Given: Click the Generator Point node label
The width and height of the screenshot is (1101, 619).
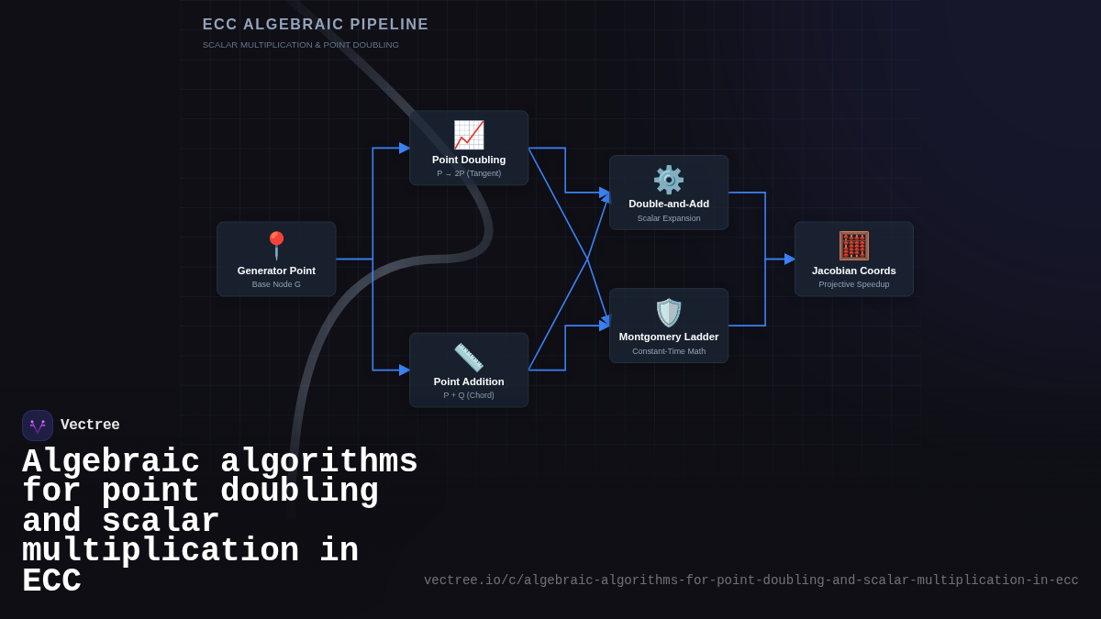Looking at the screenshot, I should tap(276, 271).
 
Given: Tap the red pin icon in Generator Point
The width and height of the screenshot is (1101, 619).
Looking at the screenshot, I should tap(276, 245).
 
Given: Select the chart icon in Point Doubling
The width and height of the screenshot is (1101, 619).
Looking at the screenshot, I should tap(469, 135).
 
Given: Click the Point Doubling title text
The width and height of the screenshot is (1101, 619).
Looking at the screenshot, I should tap(469, 160).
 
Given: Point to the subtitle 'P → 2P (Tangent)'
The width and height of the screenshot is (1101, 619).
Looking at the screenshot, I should tap(469, 173).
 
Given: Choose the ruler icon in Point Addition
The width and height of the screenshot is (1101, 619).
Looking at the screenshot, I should tap(469, 358).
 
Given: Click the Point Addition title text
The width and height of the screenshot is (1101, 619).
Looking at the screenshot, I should tap(469, 381).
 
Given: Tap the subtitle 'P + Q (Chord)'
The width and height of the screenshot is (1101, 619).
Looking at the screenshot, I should tap(469, 395).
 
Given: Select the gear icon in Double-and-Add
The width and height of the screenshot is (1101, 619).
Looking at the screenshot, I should tap(669, 180).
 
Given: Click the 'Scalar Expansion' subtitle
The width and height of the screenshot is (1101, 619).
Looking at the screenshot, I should tap(669, 218).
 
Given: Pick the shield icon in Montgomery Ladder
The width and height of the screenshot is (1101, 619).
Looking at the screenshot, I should tap(669, 313).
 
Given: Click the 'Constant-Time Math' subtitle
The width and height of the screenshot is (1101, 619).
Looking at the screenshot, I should tap(669, 351).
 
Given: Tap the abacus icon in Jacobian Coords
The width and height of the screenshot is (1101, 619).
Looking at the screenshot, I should tap(854, 246).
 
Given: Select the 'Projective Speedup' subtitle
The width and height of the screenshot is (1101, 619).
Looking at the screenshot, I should tap(854, 284).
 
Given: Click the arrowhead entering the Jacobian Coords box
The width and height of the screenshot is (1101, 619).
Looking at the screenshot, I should tap(790, 260).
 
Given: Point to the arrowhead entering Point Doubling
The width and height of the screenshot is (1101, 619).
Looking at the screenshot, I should tap(405, 149).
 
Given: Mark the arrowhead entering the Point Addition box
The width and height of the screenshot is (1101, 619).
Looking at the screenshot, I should tap(405, 370).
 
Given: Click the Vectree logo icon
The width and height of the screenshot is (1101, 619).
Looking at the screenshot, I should tap(38, 426).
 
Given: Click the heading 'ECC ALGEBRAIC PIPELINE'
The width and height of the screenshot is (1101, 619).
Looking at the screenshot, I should tap(316, 25).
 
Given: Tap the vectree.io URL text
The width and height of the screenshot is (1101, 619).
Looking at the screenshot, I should tap(751, 580).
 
